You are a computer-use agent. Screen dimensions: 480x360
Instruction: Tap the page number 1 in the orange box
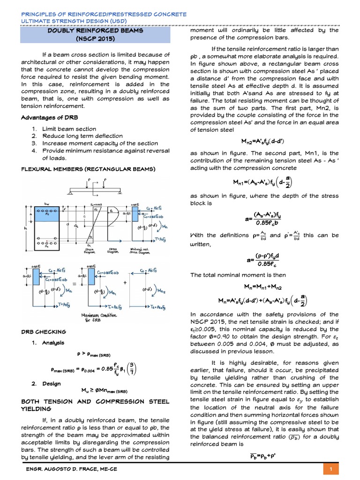pyautogui.click(x=331, y=470)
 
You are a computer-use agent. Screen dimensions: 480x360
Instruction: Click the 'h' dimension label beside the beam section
pyautogui.click(x=24, y=229)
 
